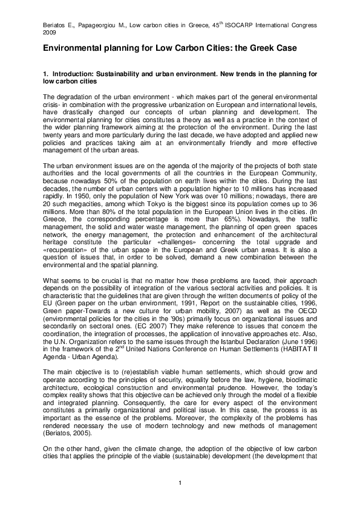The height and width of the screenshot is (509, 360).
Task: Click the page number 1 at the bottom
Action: click(x=180, y=481)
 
